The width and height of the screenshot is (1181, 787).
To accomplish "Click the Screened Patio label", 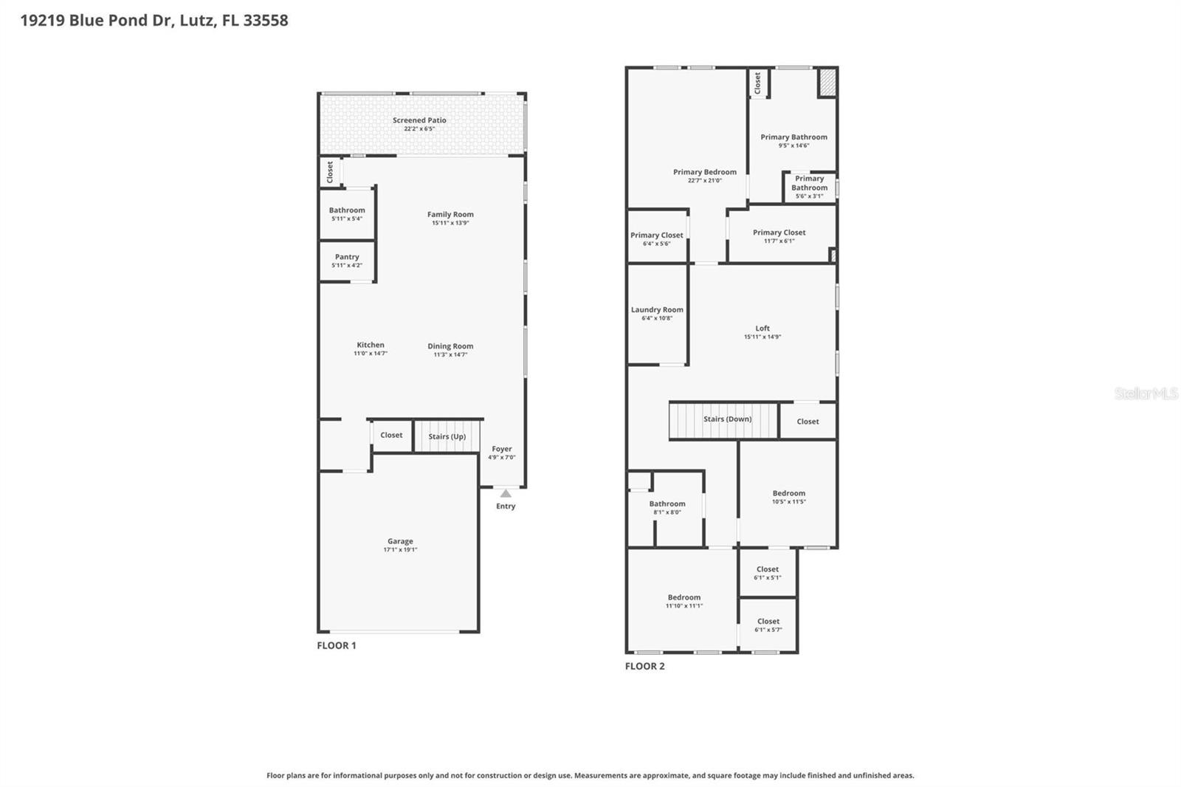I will pos(419,120).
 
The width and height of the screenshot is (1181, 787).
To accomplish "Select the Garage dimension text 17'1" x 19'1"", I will pos(400,550).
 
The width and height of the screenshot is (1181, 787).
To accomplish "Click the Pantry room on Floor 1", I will pos(347,261).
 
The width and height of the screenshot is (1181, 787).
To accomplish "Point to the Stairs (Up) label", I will pos(447,436).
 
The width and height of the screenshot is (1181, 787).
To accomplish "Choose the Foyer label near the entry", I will pos(502,449).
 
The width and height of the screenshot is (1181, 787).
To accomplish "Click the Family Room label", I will pos(450,215).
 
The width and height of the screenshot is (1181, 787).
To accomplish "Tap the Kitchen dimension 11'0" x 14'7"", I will pos(371,354).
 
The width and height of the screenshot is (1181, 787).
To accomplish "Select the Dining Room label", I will pos(450,346).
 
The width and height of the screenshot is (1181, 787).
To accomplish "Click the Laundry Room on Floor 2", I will pos(657,314).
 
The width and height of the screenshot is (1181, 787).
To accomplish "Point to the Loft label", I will pos(762,329).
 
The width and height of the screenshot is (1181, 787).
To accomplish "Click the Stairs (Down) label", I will pos(727,419).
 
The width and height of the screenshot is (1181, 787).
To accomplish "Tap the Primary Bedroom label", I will pos(705,172).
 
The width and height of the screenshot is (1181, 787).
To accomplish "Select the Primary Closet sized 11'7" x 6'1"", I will pos(779,236).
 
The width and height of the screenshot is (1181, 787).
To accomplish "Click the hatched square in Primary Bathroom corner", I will pos(827,82).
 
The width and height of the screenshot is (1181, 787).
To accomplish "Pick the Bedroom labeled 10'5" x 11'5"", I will pos(789,497).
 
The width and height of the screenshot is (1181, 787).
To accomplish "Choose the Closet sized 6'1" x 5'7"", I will pos(768,625).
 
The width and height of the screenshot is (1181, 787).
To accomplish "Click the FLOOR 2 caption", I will pos(644,666).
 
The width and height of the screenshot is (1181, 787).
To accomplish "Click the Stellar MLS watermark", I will pos(1146,393).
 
